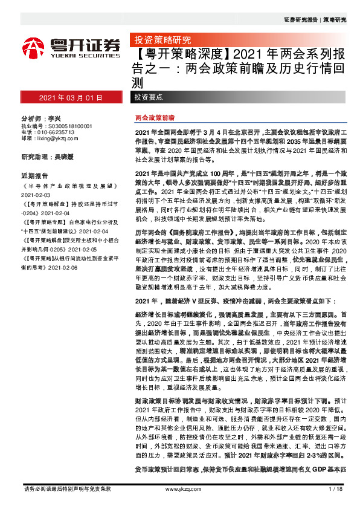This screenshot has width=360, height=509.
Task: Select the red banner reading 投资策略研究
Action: tap(157, 41)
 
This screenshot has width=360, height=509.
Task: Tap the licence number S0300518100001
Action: tap(66, 125)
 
